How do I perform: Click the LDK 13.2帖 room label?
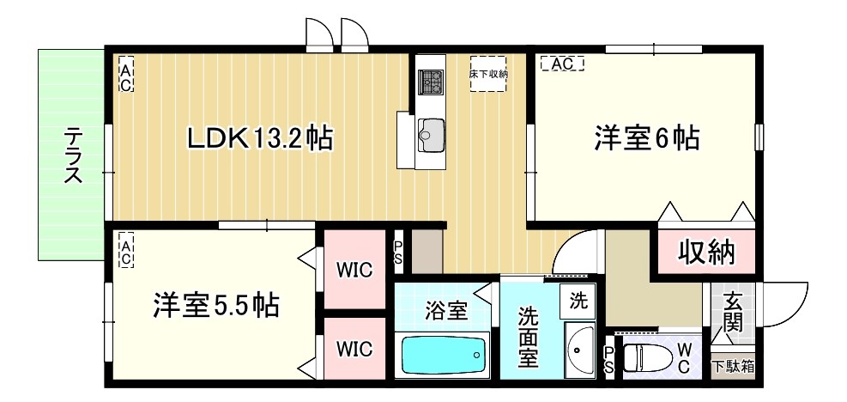pos(261,137)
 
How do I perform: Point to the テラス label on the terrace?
pos(74,155)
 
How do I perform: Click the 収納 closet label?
pos(707,252)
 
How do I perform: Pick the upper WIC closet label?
pos(354,271)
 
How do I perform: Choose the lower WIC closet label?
pos(354,349)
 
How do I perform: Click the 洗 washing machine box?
pos(579,301)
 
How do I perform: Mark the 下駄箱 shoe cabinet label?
pos(733,365)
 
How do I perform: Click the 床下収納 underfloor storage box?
pos(488,74)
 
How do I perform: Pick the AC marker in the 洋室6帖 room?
pos(562,64)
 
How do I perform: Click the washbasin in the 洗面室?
pos(581,350)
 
